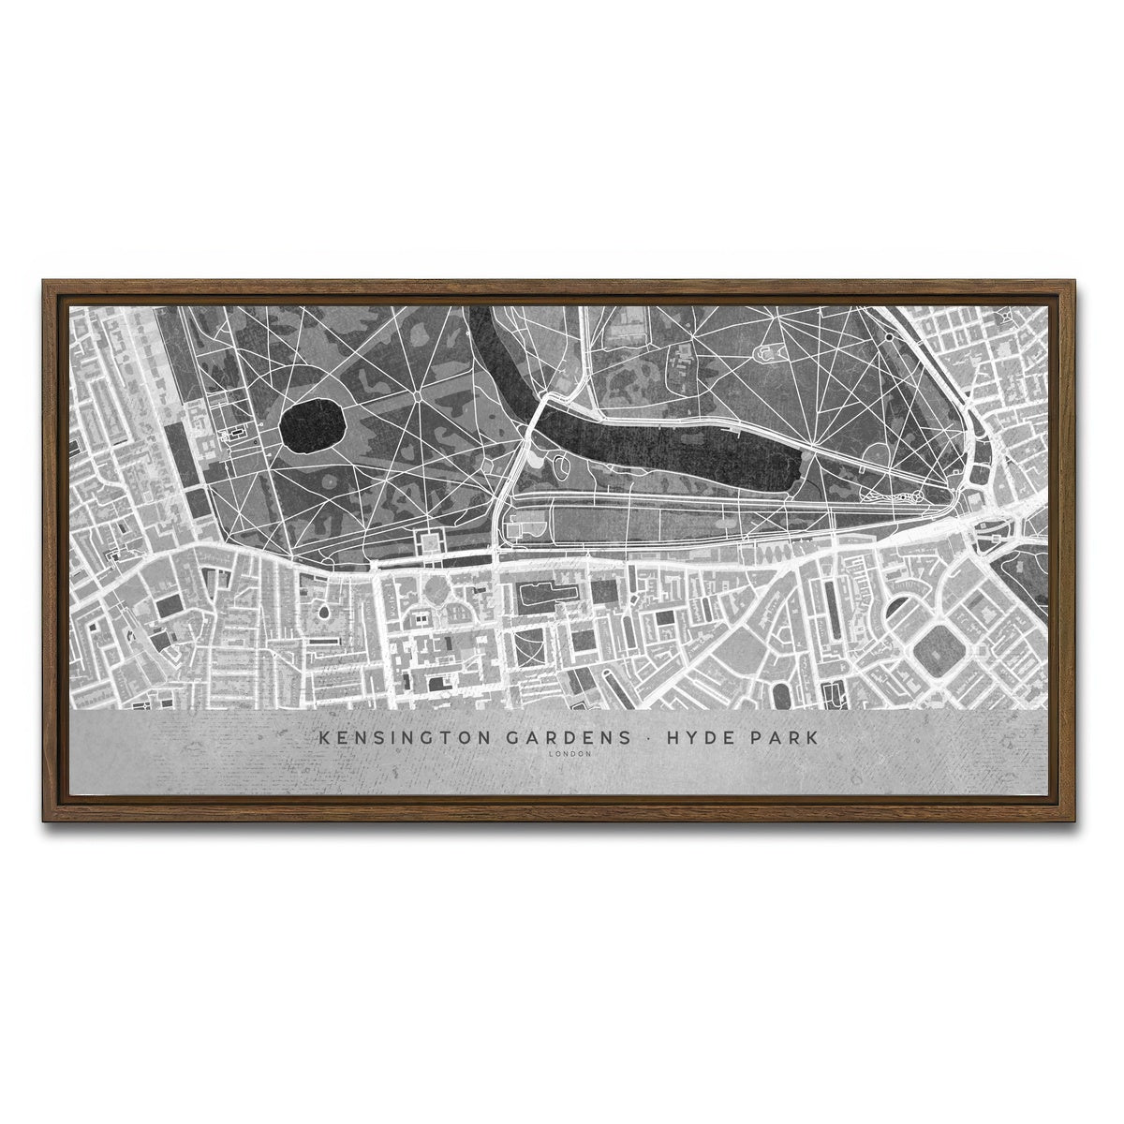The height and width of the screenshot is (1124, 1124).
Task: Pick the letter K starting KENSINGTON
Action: pyautogui.click(x=324, y=738)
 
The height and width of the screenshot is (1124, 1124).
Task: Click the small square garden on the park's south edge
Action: pyautogui.click(x=432, y=542)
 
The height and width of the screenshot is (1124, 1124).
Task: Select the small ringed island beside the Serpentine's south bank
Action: pyautogui.click(x=560, y=464)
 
